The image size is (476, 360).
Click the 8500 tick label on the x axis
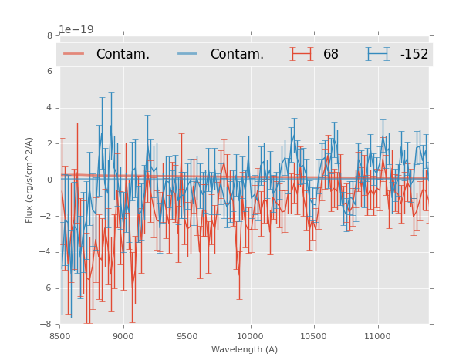[59, 336]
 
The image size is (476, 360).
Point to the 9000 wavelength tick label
[123, 336]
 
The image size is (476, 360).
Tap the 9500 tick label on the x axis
[187, 336]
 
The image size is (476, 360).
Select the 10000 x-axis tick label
[250, 336]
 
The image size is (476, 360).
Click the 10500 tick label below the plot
[313, 336]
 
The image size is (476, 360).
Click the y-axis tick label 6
[49, 72]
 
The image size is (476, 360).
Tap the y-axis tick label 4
[49, 108]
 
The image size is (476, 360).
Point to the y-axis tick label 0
[49, 180]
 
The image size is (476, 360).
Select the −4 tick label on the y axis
[47, 252]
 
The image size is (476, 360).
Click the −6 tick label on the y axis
[47, 288]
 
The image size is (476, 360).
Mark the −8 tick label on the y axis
[47, 324]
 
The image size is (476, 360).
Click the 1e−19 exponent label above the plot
[76, 30]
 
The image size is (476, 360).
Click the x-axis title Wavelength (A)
[245, 349]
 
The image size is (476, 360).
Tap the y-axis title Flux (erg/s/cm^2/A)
[29, 180]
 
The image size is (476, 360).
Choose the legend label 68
[331, 55]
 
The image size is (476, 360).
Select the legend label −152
[414, 55]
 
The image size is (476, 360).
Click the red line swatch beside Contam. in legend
[74, 54]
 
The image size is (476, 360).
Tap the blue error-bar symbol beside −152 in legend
[377, 54]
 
